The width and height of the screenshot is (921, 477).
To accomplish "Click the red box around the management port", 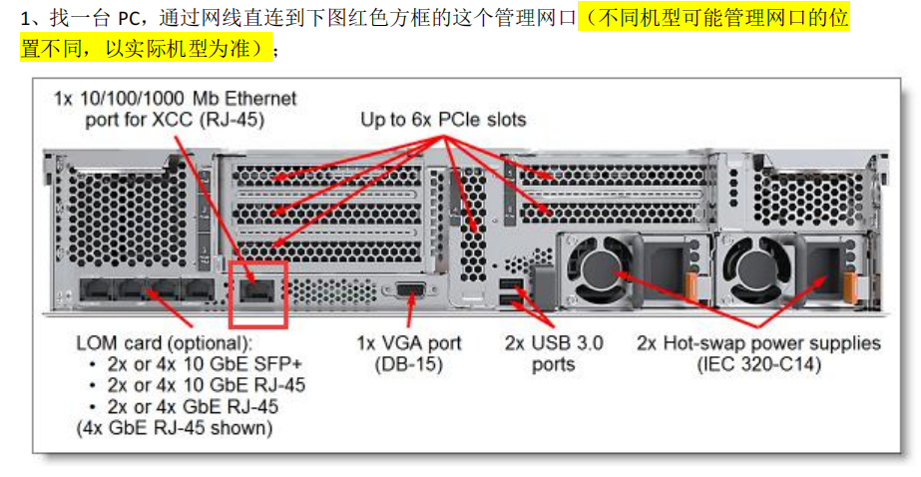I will click(257, 295).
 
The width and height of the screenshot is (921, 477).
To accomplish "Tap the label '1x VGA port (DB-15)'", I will click(409, 353).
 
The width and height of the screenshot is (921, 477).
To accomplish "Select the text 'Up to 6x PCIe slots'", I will click(443, 120).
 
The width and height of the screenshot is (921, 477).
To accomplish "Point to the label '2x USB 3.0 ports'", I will click(554, 353).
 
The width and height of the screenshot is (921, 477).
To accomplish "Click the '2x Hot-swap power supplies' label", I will click(758, 343).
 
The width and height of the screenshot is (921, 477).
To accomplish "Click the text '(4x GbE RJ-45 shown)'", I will click(174, 429).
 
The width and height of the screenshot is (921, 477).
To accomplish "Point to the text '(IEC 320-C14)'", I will click(758, 365).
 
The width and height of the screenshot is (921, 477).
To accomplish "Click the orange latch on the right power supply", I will click(850, 286).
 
